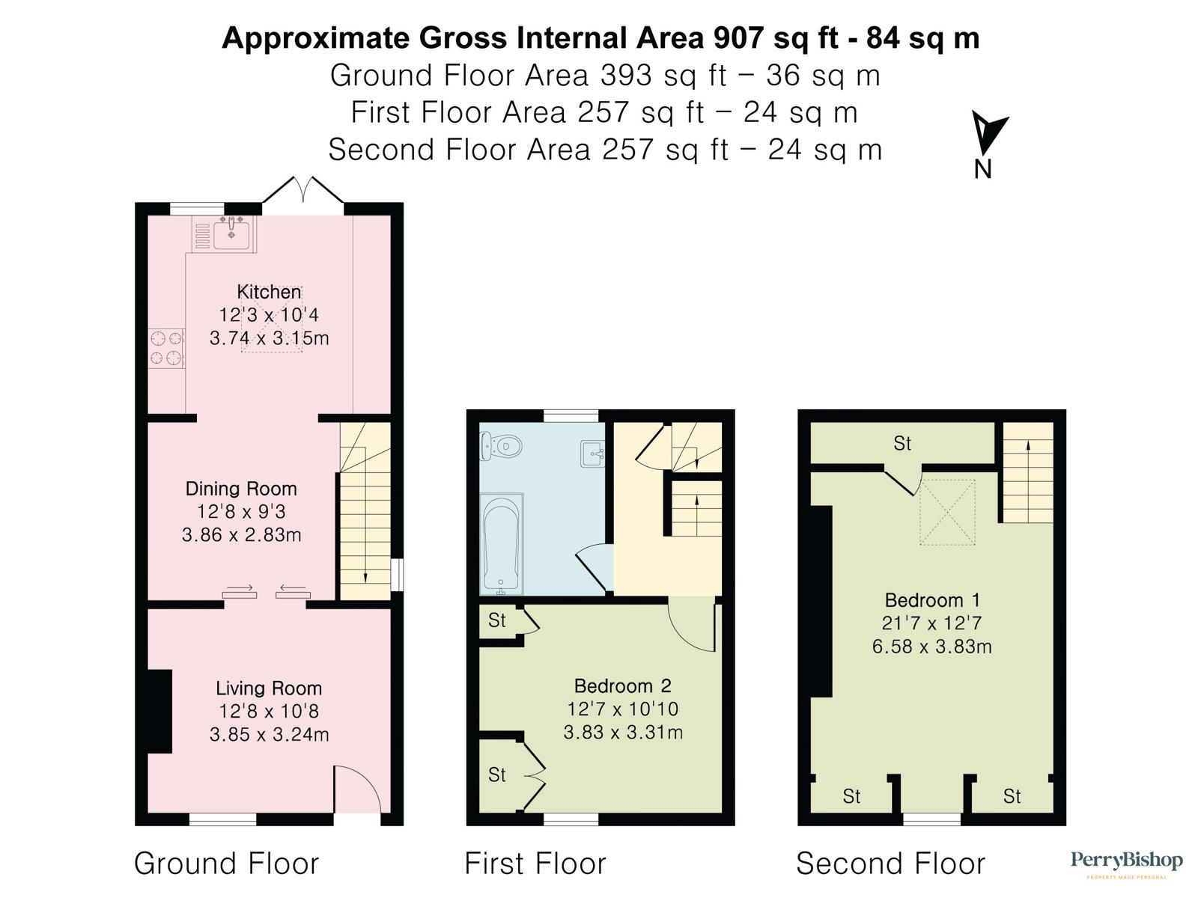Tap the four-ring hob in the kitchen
[166, 349]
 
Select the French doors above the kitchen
[303, 191]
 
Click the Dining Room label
[241, 489]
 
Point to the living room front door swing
[358, 789]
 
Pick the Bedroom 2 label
[622, 685]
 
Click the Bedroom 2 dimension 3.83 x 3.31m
[622, 732]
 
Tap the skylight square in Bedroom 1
[947, 512]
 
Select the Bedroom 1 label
[932, 600]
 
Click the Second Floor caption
[890, 864]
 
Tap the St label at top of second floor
[902, 444]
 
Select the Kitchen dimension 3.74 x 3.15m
[269, 338]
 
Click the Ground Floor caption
[226, 864]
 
